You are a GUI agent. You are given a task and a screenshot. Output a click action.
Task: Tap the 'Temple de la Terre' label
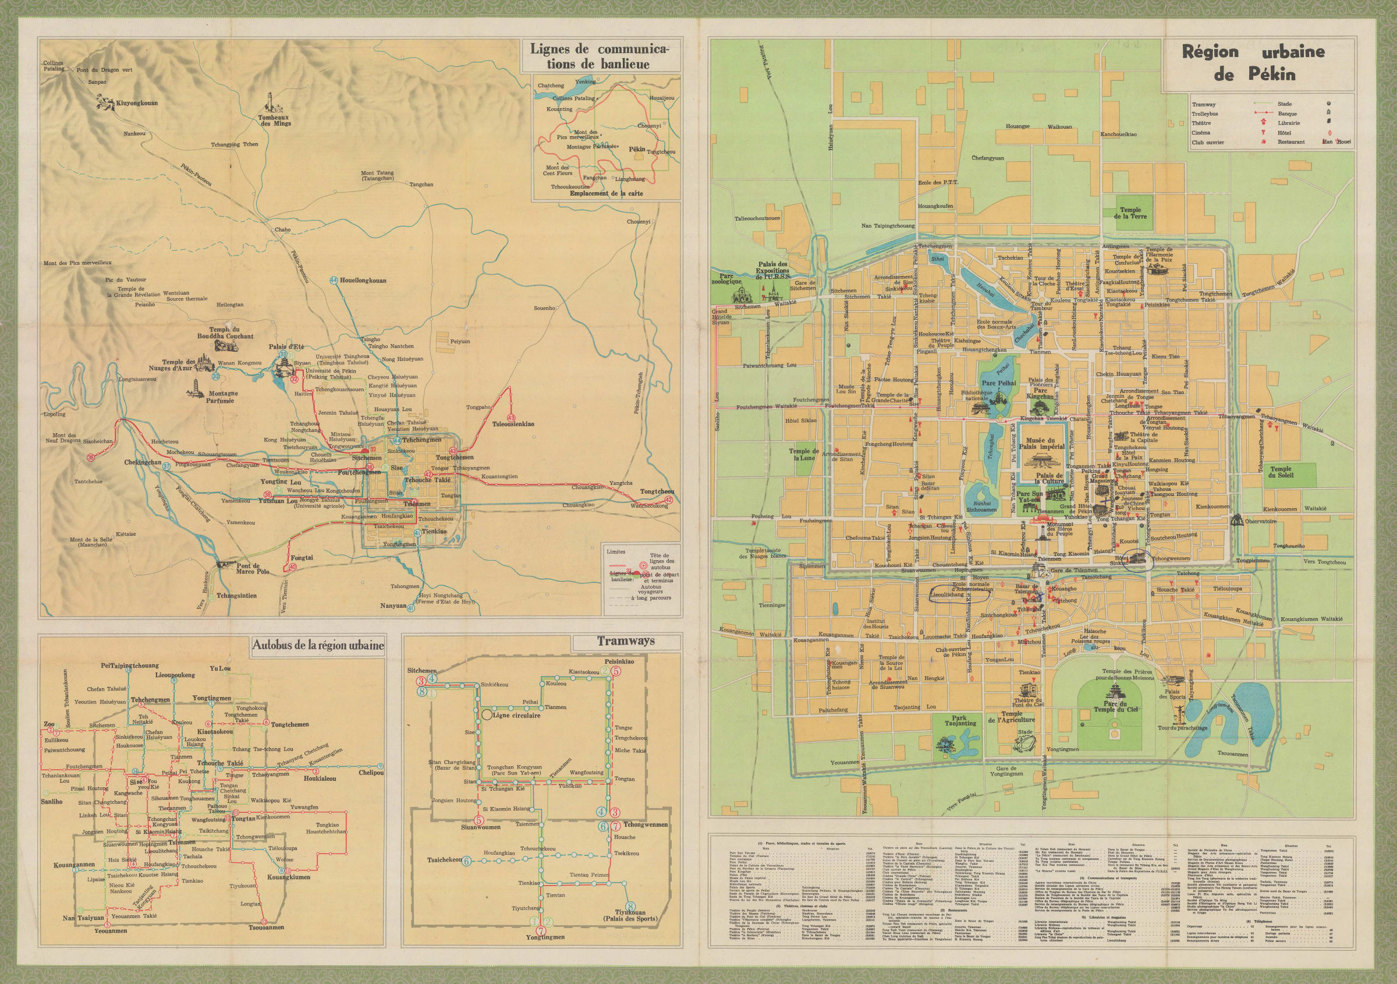pos(1133,213)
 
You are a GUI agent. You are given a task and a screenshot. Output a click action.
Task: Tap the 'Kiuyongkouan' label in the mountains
pos(137,104)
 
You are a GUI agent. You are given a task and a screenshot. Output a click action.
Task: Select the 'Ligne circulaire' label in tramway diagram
pos(518,716)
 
